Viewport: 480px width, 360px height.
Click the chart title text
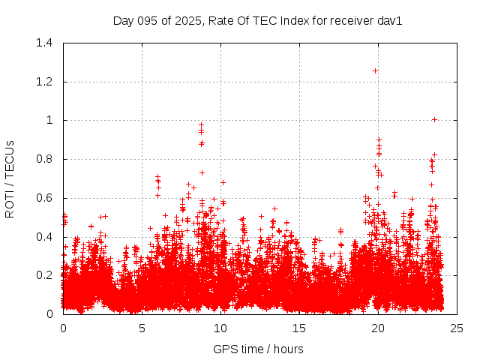tap(258, 20)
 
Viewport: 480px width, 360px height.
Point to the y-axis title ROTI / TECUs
tap(10, 178)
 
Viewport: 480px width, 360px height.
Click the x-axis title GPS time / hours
tap(258, 349)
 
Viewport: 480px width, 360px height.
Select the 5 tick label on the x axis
tap(142, 328)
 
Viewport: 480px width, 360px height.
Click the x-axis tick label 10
tap(220, 328)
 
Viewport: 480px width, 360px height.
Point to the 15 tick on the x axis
tap(299, 328)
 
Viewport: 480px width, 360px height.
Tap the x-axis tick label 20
tap(378, 328)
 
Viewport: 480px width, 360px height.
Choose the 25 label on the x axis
tap(457, 328)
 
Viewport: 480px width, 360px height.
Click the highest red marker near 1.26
tap(375, 70)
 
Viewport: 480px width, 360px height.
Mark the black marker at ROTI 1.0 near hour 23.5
tap(434, 119)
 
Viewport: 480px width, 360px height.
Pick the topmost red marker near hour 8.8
tap(201, 125)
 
